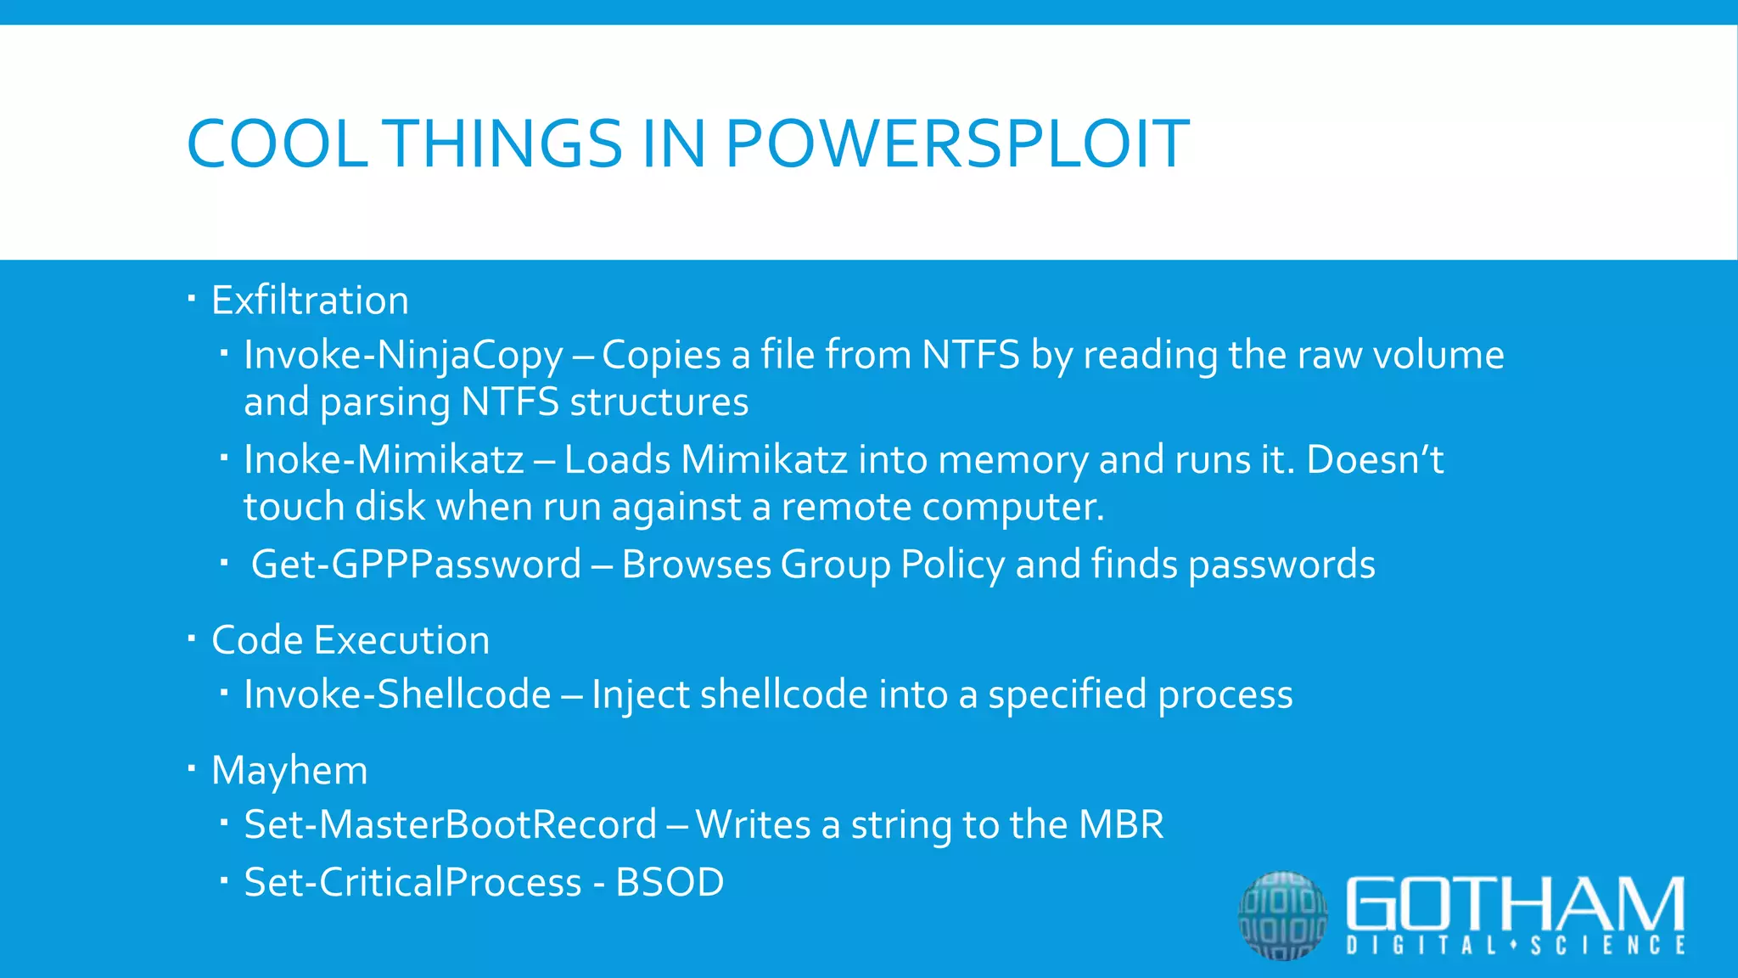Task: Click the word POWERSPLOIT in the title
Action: click(956, 143)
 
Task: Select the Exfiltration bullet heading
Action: click(310, 301)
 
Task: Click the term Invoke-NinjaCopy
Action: click(403, 355)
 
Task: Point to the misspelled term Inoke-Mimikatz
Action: click(384, 460)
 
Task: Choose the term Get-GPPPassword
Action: click(416, 565)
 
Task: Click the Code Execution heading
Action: click(350, 640)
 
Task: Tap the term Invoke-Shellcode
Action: click(397, 694)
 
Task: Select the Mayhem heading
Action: click(289, 771)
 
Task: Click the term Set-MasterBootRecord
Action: click(450, 825)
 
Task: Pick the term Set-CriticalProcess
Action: click(412, 883)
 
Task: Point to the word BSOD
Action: click(670, 883)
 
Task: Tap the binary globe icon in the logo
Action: click(1282, 915)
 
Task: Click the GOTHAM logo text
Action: click(1515, 904)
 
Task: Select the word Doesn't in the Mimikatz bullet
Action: click(1375, 460)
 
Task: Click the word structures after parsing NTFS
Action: click(659, 402)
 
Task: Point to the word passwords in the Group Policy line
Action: click(1281, 565)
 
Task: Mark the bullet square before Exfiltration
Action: click(192, 298)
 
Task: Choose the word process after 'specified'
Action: click(1225, 695)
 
